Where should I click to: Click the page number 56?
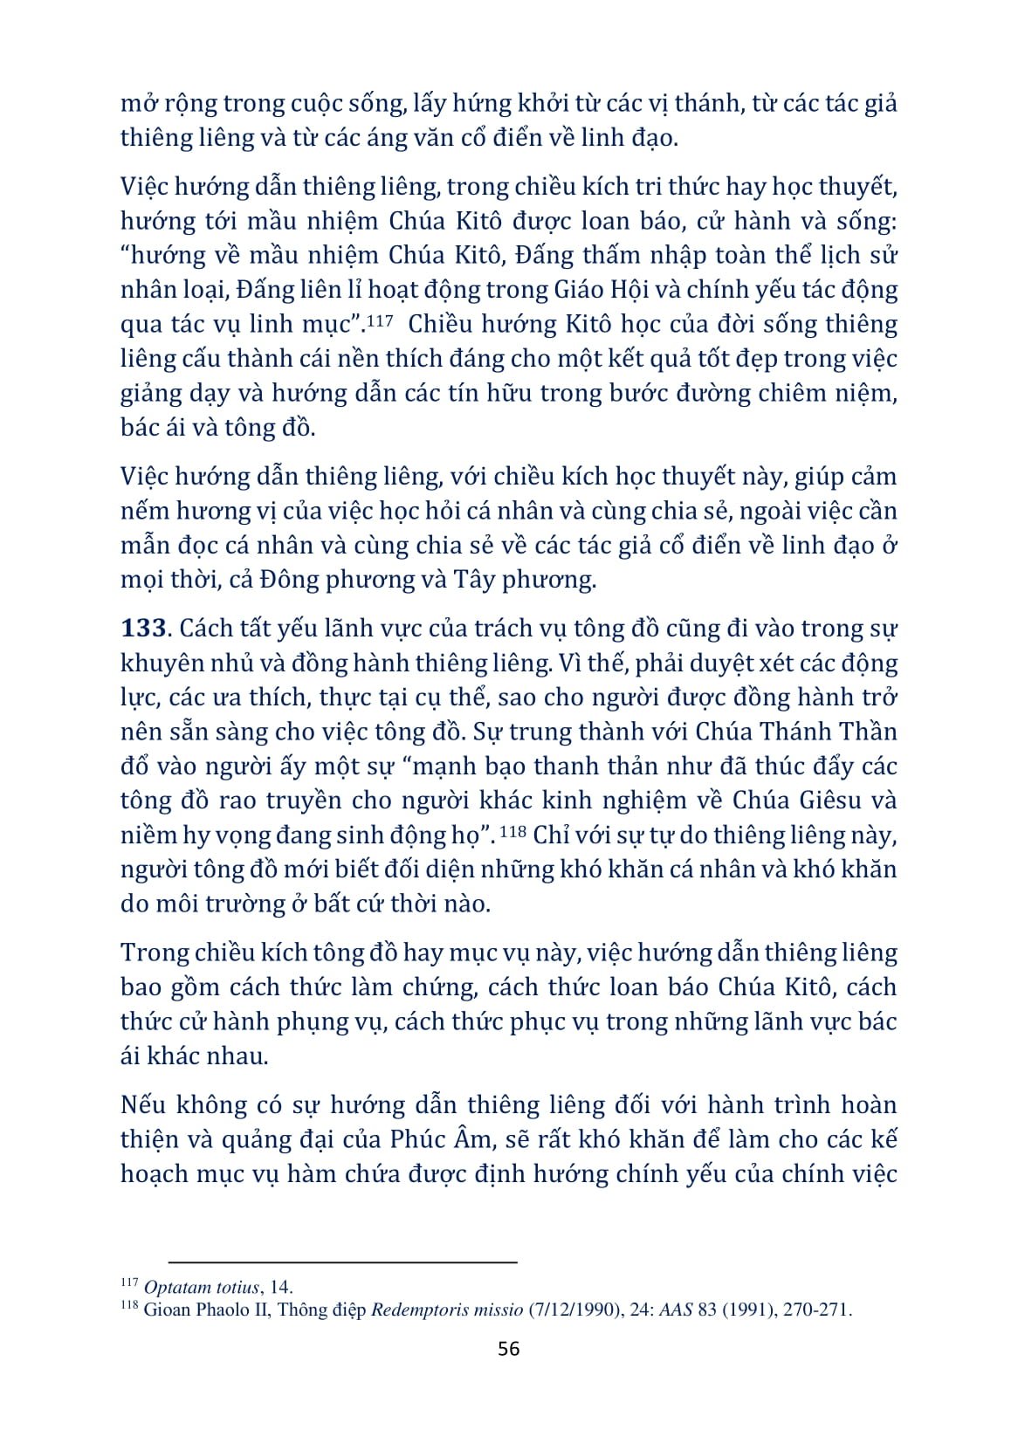pyautogui.click(x=508, y=1348)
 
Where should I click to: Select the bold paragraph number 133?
pyautogui.click(x=143, y=629)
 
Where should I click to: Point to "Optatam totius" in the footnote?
pyautogui.click(x=201, y=1287)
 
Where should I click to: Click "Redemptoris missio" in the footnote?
pyautogui.click(x=447, y=1310)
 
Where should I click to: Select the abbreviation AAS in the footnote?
pyautogui.click(x=676, y=1310)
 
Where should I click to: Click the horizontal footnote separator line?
pyautogui.click(x=343, y=1262)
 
